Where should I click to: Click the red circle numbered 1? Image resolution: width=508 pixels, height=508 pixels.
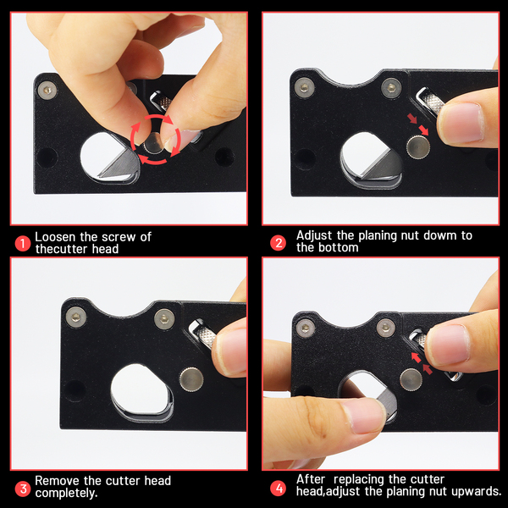(23, 243)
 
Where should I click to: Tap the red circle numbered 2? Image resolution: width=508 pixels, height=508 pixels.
(279, 243)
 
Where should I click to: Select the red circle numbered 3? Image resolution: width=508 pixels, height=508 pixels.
(23, 489)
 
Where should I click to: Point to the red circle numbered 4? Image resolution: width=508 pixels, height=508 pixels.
(279, 489)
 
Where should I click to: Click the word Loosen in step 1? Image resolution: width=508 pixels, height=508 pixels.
(55, 237)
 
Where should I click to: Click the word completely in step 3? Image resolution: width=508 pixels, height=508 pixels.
(66, 493)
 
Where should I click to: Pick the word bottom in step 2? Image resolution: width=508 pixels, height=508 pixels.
(338, 248)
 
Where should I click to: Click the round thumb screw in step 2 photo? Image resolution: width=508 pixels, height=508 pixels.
(418, 147)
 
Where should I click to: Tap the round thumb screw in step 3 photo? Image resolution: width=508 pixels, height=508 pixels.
(191, 379)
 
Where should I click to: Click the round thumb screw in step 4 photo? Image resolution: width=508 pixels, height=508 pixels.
(411, 379)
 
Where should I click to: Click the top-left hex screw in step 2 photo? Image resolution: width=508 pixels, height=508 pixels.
(304, 87)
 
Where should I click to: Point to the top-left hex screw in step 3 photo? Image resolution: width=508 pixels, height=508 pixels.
(76, 317)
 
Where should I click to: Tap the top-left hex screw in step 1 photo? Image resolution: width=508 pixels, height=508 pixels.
(47, 91)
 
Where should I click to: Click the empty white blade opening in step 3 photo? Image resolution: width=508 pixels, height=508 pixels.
(140, 389)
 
